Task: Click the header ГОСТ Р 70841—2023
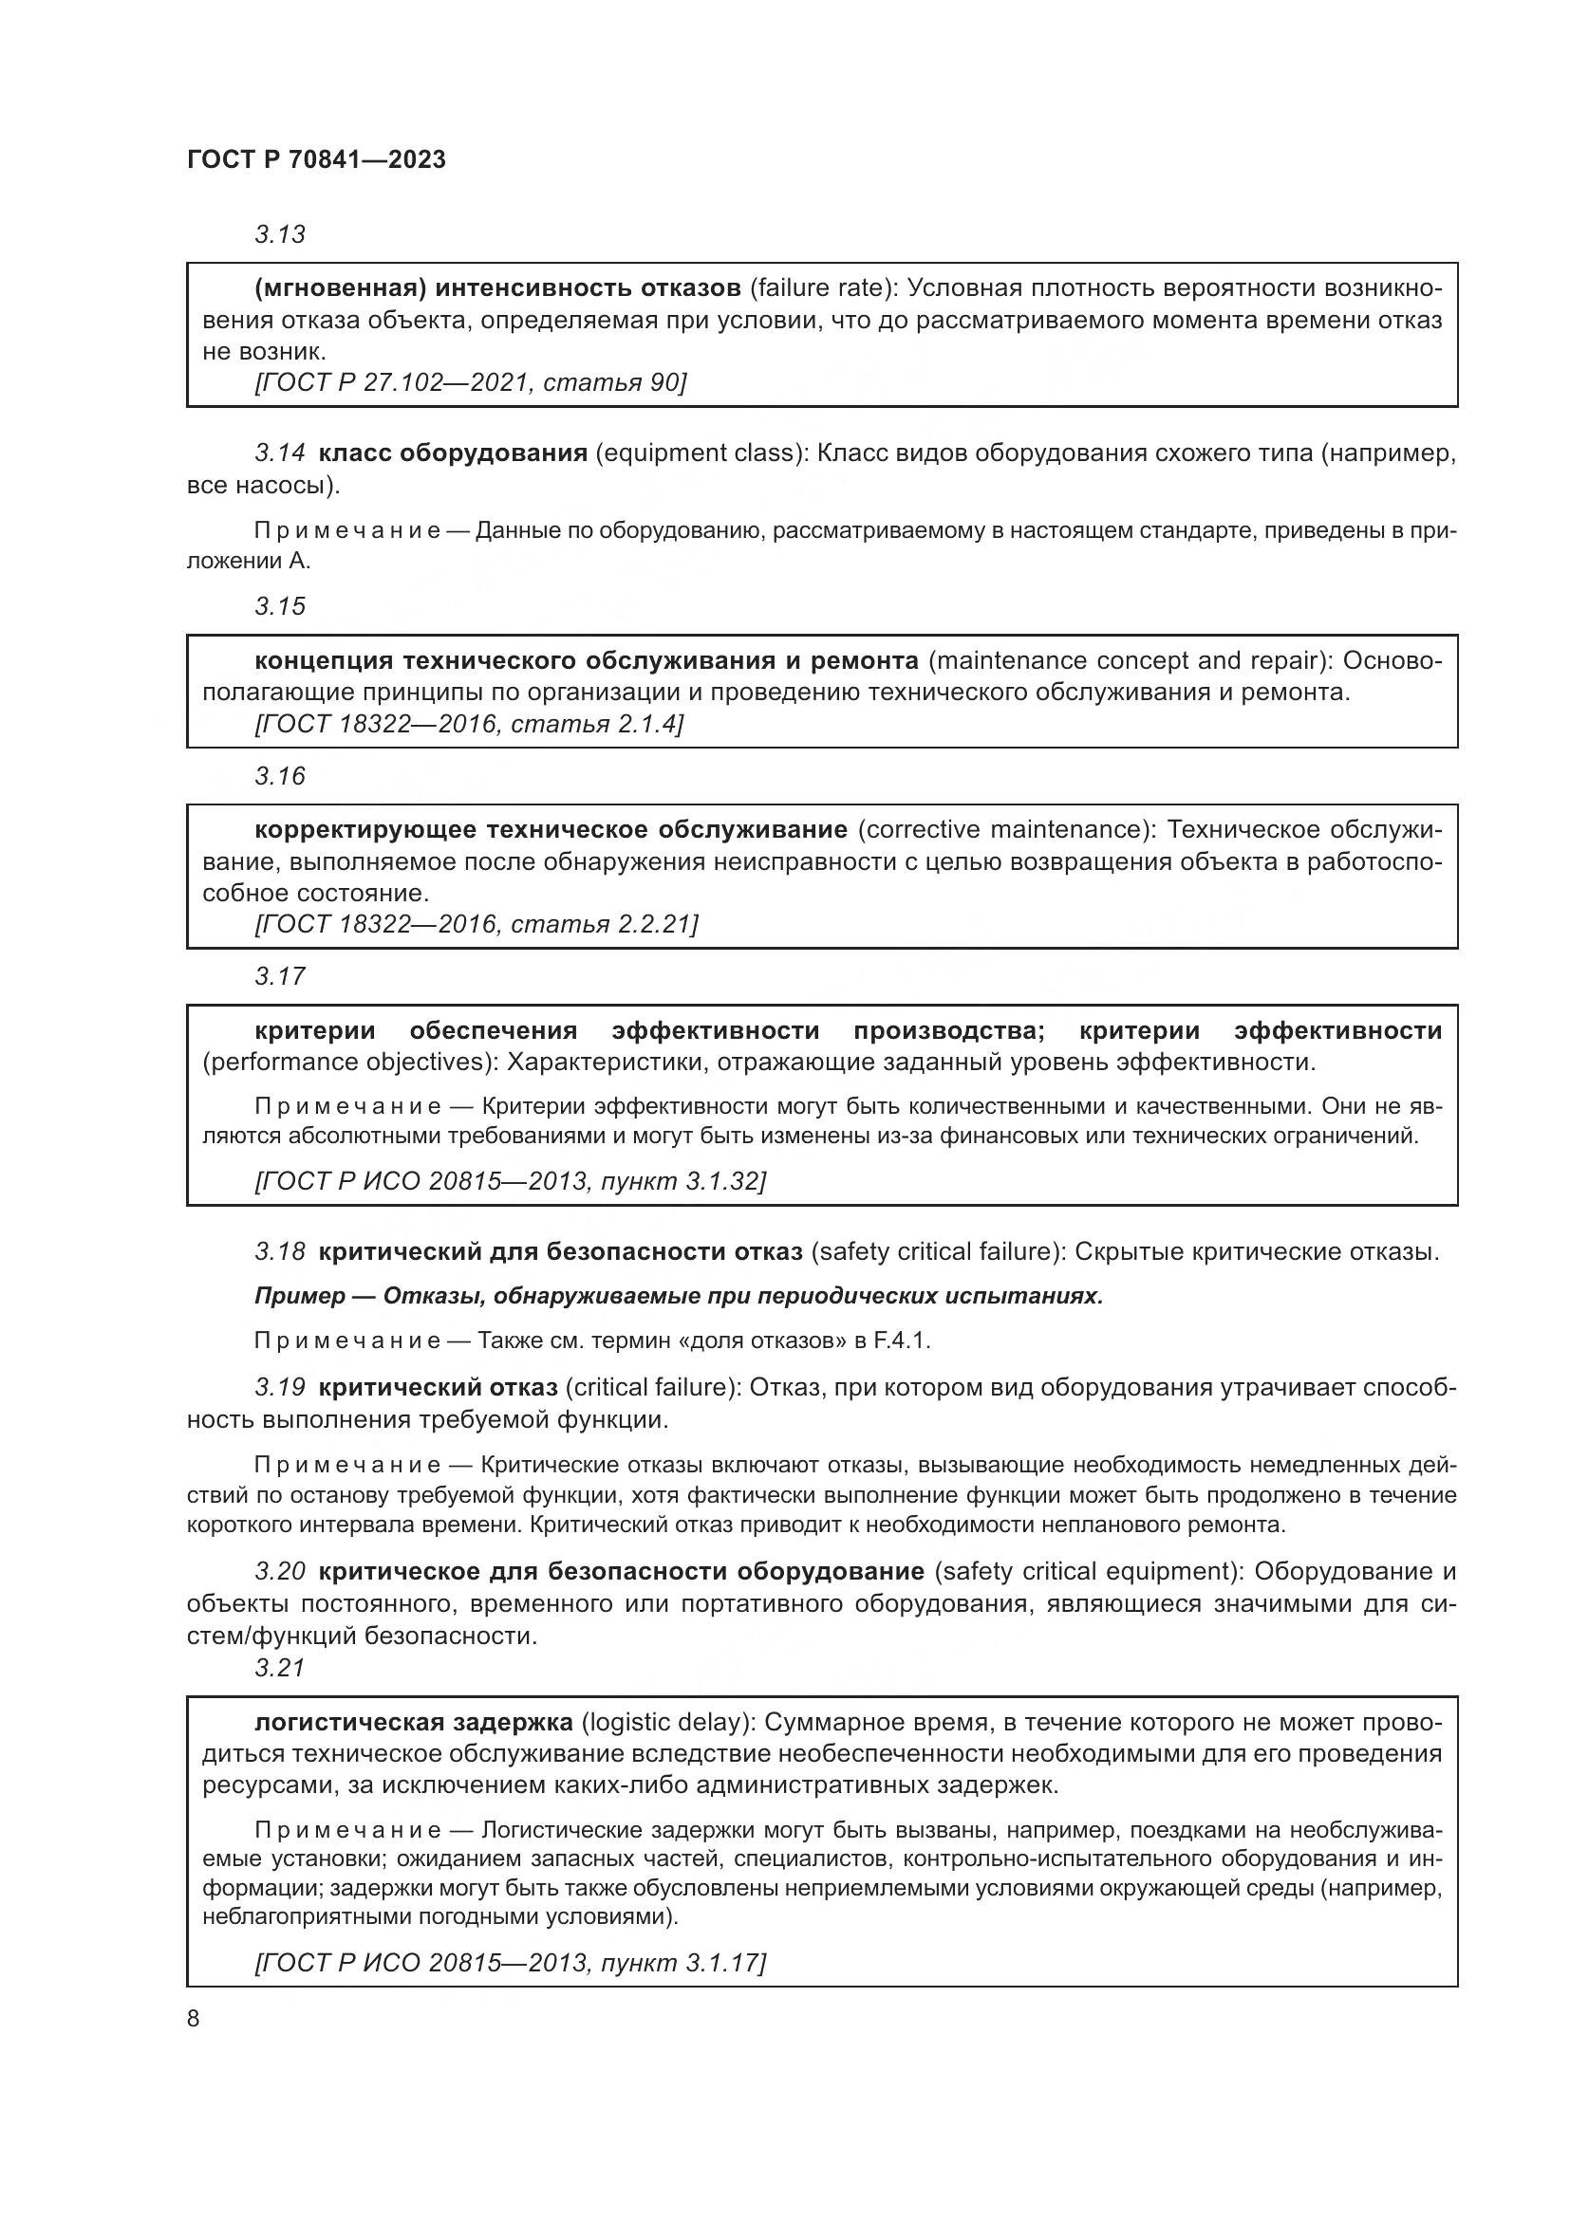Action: [x=316, y=159]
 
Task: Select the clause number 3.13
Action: [x=279, y=234]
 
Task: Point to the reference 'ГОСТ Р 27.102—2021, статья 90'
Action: [x=470, y=382]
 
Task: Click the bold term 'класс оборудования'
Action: [x=453, y=453]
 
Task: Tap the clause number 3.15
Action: [x=279, y=606]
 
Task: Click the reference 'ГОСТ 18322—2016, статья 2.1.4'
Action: [x=468, y=724]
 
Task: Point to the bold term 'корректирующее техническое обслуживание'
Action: [x=551, y=829]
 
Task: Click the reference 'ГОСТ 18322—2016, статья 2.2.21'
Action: [x=476, y=924]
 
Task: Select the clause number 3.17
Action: [x=279, y=976]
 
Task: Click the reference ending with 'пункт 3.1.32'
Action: [x=510, y=1181]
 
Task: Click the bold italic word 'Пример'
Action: [x=300, y=1295]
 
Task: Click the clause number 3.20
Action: [x=279, y=1571]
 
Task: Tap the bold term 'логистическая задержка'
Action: [x=414, y=1722]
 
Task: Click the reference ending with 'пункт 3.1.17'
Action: [x=510, y=1962]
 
